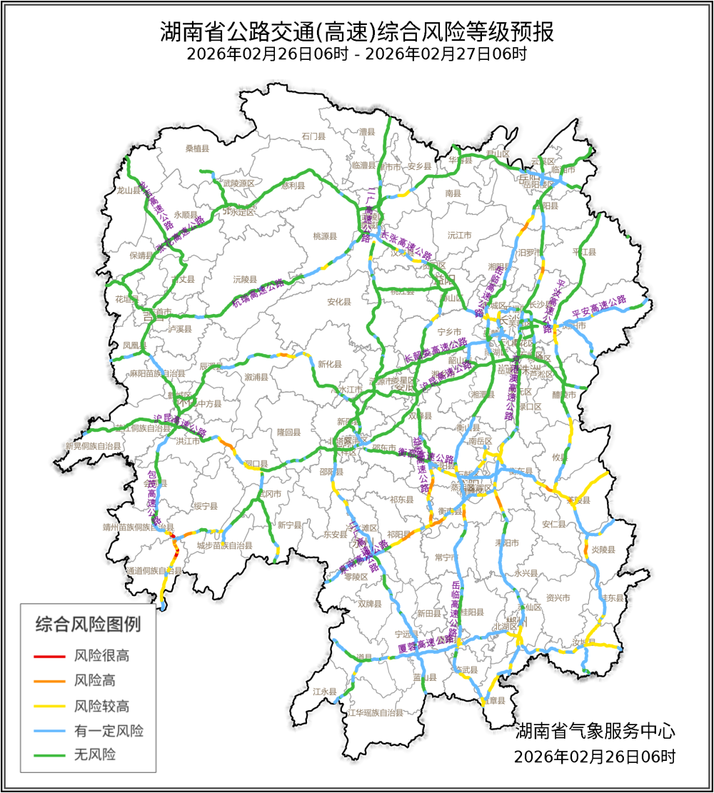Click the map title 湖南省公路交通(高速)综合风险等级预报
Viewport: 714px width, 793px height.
click(357, 32)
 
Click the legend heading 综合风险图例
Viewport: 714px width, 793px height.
click(88, 625)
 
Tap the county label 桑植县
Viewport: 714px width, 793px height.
click(197, 148)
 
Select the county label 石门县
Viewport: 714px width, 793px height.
click(313, 136)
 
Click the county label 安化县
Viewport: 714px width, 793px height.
click(339, 302)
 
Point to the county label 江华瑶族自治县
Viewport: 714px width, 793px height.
click(375, 712)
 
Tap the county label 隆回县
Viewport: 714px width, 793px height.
click(289, 432)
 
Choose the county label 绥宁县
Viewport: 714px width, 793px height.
click(205, 506)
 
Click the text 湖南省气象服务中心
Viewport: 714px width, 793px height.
click(595, 731)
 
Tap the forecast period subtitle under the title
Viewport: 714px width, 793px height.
click(357, 54)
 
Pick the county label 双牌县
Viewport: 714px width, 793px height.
click(371, 603)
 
